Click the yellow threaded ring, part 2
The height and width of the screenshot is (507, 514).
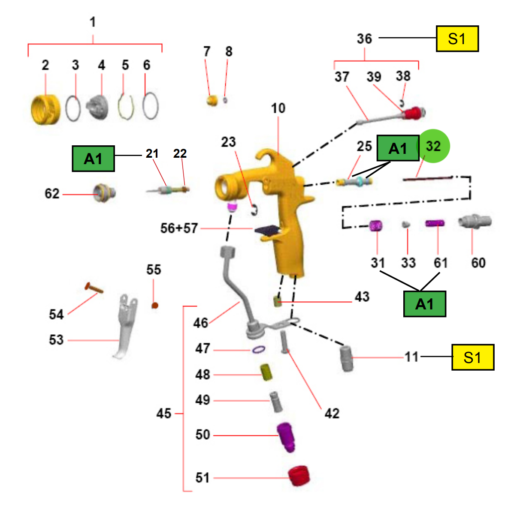45,110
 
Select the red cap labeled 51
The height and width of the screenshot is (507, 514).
299,476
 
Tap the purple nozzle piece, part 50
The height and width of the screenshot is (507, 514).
286,437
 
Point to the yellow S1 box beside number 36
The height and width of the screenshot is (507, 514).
457,39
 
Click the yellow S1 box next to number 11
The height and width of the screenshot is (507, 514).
473,357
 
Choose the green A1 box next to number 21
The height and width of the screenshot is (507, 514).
94,159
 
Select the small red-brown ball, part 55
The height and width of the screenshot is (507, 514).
155,305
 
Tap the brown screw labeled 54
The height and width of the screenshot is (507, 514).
94,288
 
